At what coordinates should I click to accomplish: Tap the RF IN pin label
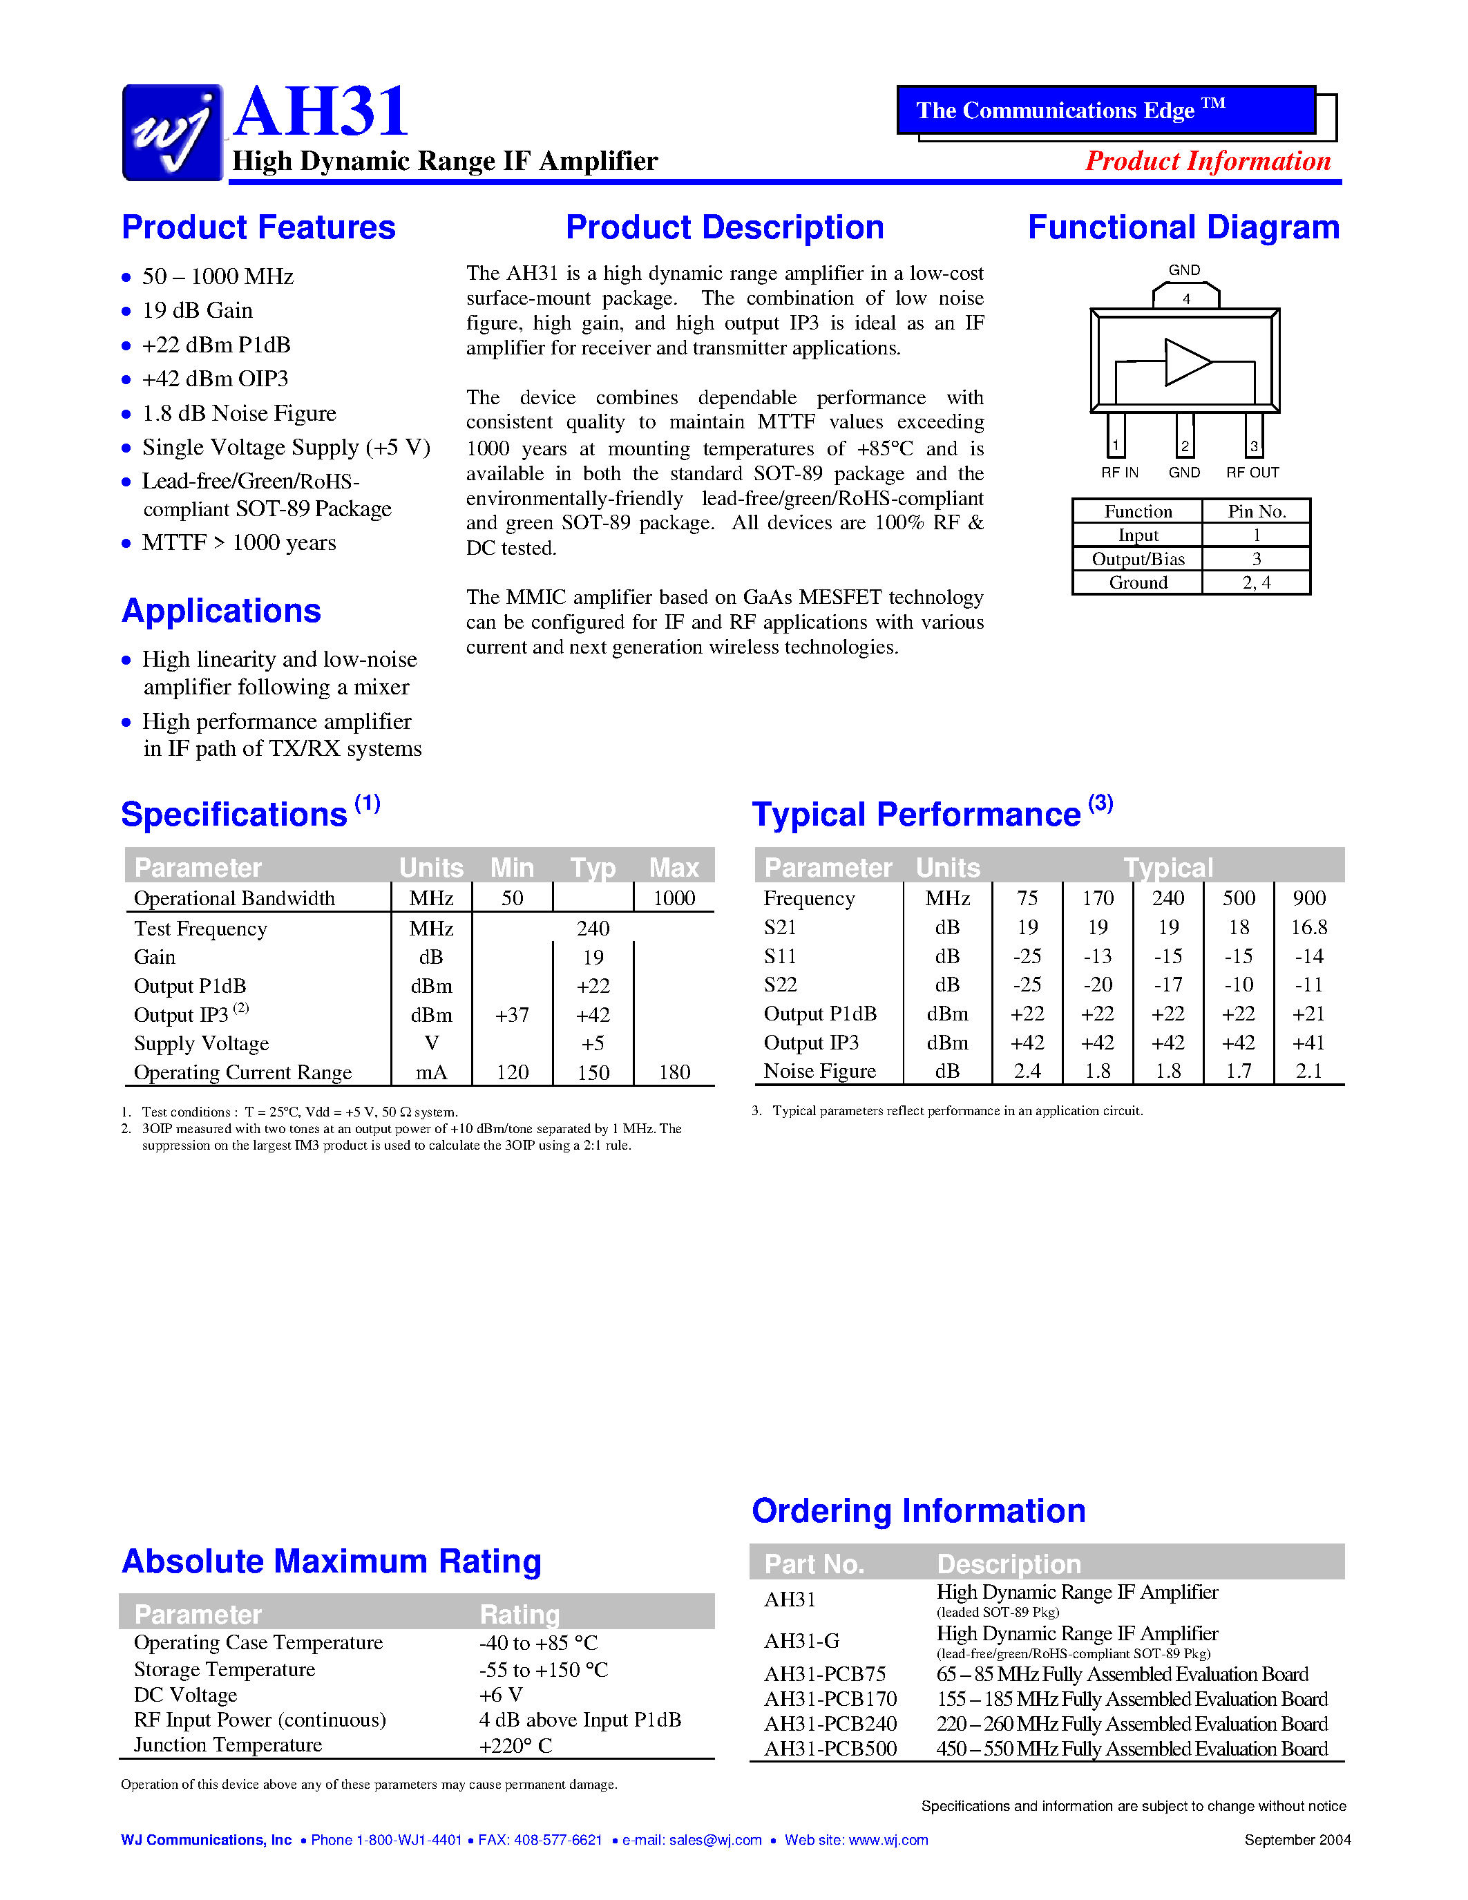pos(1119,473)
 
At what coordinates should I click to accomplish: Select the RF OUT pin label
pos(1252,473)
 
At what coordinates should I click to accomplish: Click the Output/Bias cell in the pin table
pos(1138,558)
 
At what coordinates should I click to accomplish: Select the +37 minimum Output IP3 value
pos(511,1015)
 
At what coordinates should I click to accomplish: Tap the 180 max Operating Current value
pos(674,1073)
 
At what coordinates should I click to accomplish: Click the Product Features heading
pos(258,228)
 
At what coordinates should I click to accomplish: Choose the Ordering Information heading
pos(918,1511)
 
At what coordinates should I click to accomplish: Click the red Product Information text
pos(1208,161)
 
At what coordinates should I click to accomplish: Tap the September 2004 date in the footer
pos(1297,1839)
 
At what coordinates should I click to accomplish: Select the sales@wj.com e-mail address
pos(715,1840)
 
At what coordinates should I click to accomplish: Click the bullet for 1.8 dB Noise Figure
pos(126,414)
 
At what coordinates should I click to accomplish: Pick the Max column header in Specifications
pos(673,867)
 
